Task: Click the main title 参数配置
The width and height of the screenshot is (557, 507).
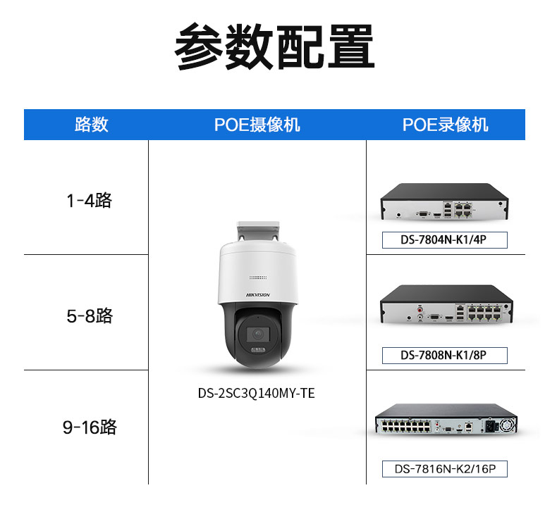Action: tap(274, 46)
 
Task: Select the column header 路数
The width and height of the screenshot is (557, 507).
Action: tap(91, 125)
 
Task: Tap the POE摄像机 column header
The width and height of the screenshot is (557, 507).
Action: tap(257, 125)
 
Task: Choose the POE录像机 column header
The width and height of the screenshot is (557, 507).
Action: tap(445, 125)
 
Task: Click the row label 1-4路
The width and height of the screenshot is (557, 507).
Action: tap(89, 201)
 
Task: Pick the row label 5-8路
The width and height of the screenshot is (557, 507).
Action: tap(90, 315)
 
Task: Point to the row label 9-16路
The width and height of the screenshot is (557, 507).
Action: tap(90, 427)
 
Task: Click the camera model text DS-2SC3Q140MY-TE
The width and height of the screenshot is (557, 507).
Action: tap(256, 393)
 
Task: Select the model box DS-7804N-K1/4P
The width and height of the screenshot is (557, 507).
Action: tap(444, 240)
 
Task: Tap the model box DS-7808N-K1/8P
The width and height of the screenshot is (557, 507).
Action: tap(444, 355)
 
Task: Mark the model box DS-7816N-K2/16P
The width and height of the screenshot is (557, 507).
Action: tap(444, 469)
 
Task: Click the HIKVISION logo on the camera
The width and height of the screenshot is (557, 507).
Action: tap(258, 295)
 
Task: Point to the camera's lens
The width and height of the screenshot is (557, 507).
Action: tap(257, 334)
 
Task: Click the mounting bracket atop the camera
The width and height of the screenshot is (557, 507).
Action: tap(258, 232)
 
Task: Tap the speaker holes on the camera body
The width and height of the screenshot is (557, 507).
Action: tap(258, 277)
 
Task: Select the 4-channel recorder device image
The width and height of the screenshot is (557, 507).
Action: tap(444, 201)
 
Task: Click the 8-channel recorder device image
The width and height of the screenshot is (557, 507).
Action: tap(446, 304)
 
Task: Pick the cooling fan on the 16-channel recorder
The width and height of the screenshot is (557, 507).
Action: tap(507, 425)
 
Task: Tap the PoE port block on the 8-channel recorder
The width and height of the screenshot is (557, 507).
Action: tap(484, 312)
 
